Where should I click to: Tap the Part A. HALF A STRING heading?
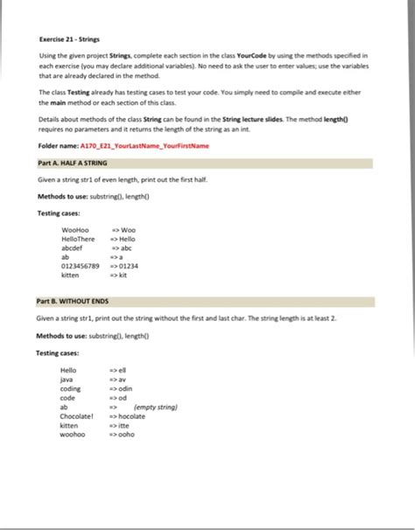click(x=74, y=163)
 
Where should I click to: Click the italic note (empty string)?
click(x=156, y=407)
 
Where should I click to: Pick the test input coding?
click(x=70, y=388)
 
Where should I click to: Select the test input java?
click(x=67, y=380)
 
